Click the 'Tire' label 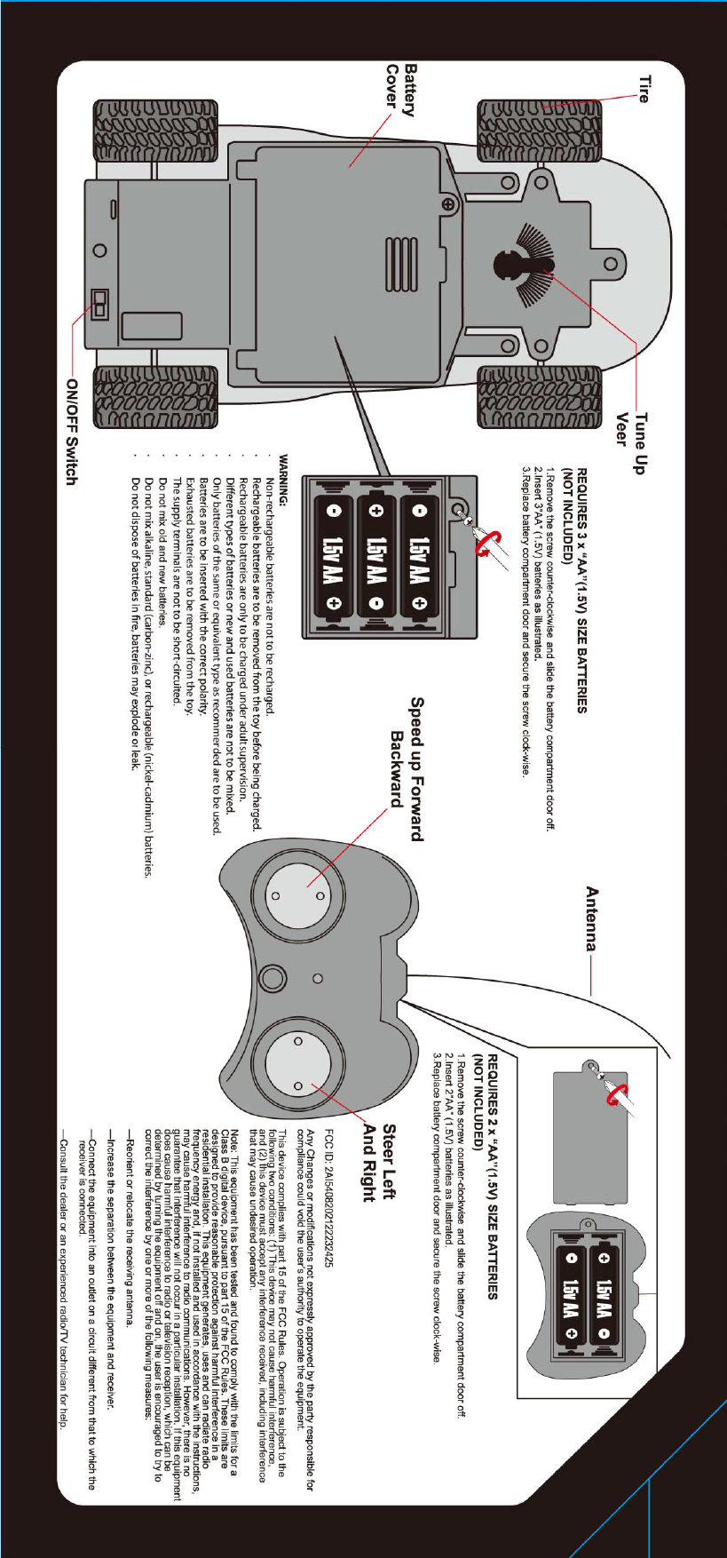[644, 89]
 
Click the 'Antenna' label [592, 918]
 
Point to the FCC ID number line [330, 1199]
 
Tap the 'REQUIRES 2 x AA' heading [491, 1177]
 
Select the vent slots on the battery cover [400, 265]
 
